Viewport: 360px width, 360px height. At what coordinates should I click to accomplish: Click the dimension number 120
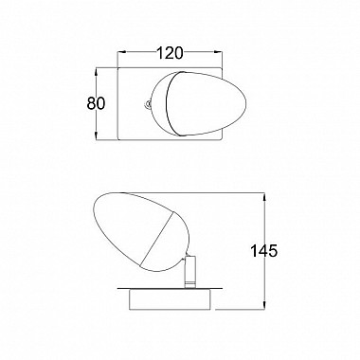[170, 53]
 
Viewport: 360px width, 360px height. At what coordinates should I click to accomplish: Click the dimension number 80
[96, 103]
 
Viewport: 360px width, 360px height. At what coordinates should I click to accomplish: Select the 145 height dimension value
[263, 251]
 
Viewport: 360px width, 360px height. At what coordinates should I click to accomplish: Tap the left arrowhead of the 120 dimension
[121, 52]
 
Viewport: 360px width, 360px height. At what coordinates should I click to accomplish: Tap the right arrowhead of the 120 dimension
[218, 52]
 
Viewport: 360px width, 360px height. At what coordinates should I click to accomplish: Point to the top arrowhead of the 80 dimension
[97, 71]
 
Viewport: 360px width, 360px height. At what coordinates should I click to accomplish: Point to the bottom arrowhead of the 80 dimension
[97, 135]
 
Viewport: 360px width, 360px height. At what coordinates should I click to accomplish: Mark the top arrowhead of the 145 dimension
[264, 197]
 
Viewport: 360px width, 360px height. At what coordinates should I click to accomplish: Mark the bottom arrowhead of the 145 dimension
[264, 305]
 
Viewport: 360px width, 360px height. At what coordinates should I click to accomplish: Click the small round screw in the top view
[147, 103]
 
